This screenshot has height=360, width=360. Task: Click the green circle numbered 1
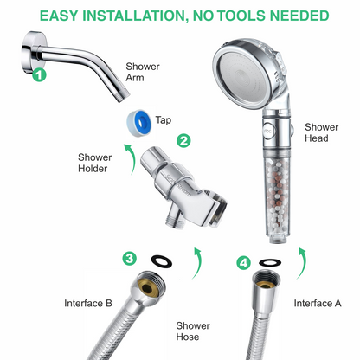tap(38, 75)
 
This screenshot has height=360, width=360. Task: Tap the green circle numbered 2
tap(183, 138)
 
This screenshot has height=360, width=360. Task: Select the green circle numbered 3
tap(130, 258)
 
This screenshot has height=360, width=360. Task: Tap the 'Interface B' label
tap(87, 303)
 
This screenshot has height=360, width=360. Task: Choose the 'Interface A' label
tap(317, 303)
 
